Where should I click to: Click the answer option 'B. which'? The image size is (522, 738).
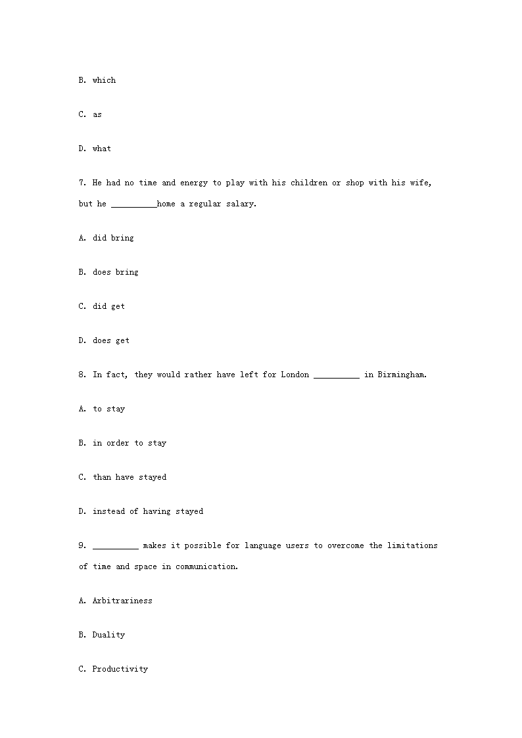point(97,80)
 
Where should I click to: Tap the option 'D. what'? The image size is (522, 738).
point(95,149)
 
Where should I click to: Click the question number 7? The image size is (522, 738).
point(82,183)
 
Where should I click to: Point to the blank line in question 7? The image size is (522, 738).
point(133,205)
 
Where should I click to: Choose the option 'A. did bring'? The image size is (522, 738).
point(106,238)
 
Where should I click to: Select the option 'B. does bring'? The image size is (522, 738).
point(108,272)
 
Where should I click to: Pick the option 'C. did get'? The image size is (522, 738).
point(101,306)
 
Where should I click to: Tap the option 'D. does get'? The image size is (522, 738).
point(104,340)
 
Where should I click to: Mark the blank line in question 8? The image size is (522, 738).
point(337,376)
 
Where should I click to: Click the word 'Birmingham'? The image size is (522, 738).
point(402,375)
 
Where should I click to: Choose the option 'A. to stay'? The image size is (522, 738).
point(101,409)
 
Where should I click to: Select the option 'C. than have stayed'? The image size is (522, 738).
point(122,477)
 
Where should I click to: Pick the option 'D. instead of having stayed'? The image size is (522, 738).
point(141,511)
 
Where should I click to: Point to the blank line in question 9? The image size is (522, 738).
point(115,547)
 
